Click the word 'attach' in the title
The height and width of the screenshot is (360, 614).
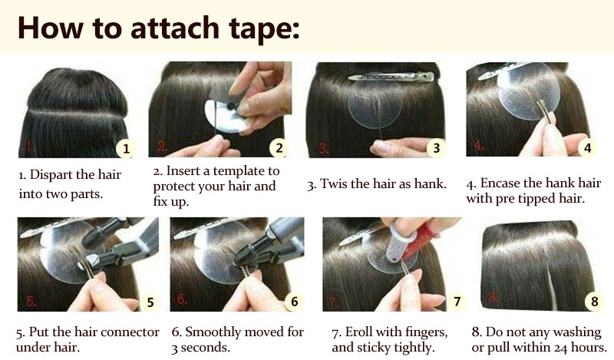[175, 28]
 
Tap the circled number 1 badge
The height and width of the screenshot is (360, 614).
[126, 149]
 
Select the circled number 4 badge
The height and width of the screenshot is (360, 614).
[587, 147]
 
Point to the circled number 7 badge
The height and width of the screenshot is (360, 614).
[457, 301]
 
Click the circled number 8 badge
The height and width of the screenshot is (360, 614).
[594, 301]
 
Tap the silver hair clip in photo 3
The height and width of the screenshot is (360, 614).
[391, 77]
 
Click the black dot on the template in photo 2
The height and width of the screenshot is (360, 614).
[231, 105]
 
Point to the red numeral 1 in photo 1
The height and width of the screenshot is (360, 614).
[30, 147]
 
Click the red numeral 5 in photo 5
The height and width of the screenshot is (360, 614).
[31, 301]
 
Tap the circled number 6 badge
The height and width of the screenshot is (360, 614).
[294, 301]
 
